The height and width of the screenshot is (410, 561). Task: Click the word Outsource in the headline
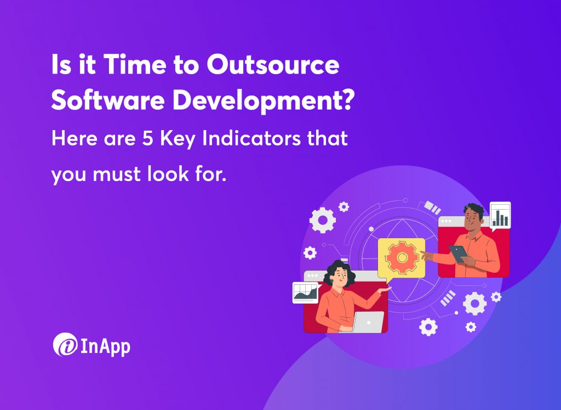click(272, 66)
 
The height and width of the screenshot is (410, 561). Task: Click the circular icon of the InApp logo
click(64, 345)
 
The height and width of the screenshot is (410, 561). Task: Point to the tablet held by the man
click(458, 253)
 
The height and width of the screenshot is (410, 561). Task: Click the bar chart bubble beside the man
click(499, 215)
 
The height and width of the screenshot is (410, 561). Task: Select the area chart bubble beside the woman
click(306, 292)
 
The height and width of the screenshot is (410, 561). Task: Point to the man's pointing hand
click(428, 255)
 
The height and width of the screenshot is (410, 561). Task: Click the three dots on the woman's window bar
click(313, 276)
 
